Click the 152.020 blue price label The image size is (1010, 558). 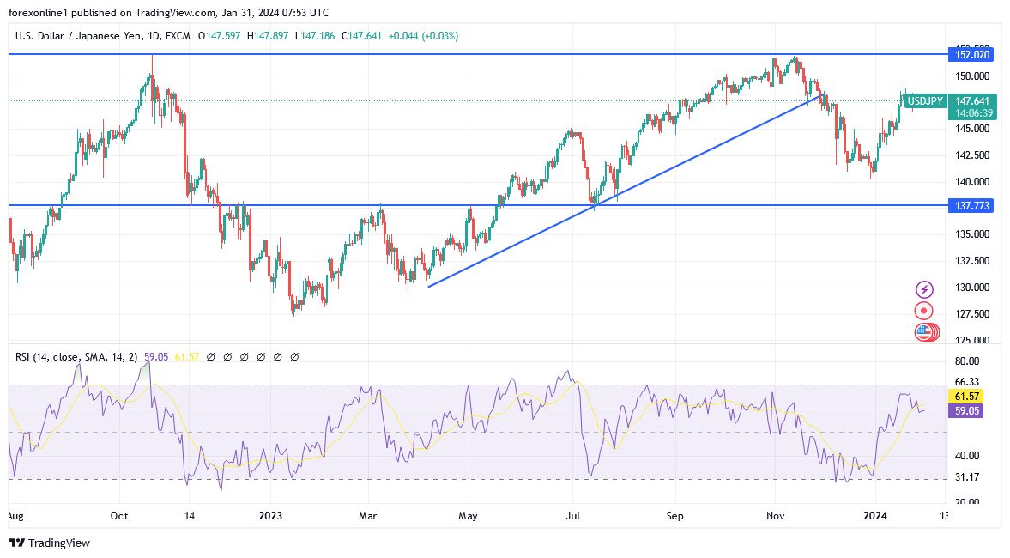point(973,54)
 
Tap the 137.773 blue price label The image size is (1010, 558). point(973,206)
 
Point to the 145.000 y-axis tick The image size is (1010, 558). point(971,129)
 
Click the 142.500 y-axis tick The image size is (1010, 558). point(971,155)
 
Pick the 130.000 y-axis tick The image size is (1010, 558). point(971,288)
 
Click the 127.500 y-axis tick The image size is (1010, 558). point(971,314)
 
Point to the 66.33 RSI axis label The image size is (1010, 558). point(966,382)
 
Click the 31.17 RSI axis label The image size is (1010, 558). point(966,478)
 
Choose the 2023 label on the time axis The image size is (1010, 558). point(270,517)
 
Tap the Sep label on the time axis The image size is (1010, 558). point(675,517)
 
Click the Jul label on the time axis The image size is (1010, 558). point(573,517)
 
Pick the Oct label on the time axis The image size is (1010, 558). point(119,517)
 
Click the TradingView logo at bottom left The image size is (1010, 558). point(49,543)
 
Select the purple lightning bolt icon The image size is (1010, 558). point(924,289)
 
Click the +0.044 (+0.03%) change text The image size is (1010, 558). point(424,36)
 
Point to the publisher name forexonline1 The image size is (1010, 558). point(39,13)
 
